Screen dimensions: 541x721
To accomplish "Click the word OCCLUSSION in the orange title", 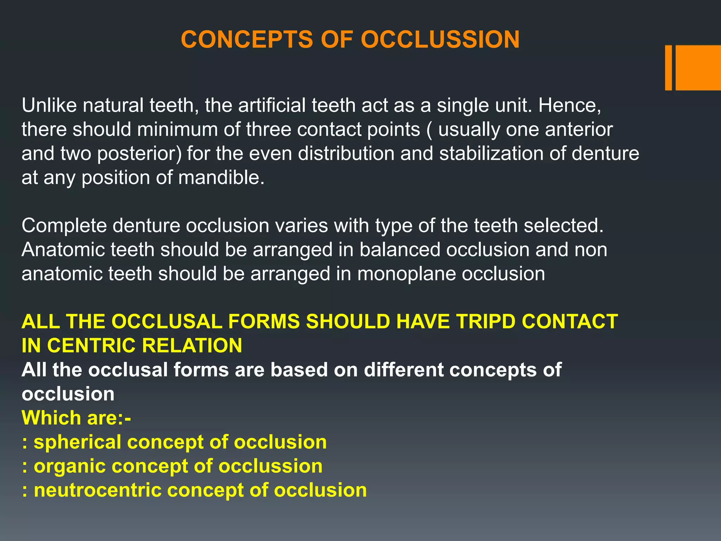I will [440, 39].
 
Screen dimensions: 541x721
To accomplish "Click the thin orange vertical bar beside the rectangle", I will [668, 68].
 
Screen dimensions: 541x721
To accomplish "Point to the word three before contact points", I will [269, 129].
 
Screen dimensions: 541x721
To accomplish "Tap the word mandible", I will [221, 178].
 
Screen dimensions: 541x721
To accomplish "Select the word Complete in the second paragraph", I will [64, 225].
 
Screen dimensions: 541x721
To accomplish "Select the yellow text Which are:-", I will [76, 418].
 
